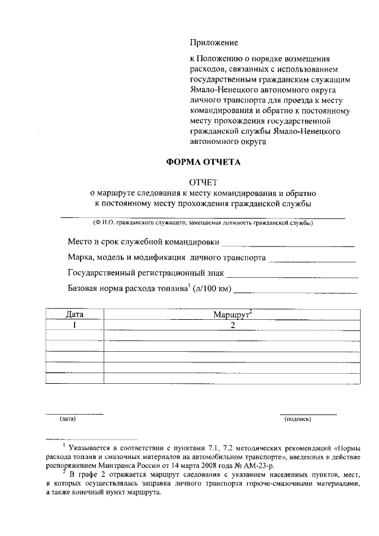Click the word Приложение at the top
(x=213, y=43)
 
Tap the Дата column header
(x=75, y=314)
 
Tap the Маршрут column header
(x=233, y=314)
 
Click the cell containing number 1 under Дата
(x=75, y=325)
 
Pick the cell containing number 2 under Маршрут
(x=233, y=325)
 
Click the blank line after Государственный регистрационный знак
(x=293, y=276)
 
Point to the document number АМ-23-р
(x=302, y=466)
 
